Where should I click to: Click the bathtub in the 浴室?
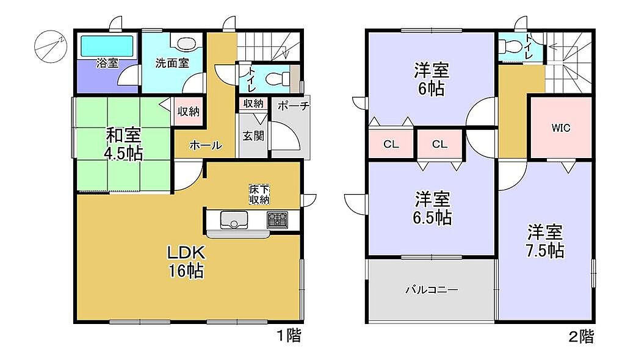[107, 46]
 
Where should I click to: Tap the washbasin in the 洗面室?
[184, 43]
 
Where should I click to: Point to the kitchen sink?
[234, 220]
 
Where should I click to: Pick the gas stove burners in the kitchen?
[278, 219]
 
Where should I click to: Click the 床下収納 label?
[259, 194]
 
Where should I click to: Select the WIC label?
[561, 128]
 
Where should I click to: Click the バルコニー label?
[432, 290]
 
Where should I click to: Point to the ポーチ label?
[294, 106]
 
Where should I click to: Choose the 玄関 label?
[253, 136]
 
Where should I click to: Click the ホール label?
[206, 145]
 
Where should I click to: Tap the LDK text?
[186, 253]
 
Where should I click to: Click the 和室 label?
[123, 135]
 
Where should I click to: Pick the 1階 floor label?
[289, 336]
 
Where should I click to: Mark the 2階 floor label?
[581, 337]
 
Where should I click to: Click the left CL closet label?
[391, 145]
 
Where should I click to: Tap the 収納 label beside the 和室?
[189, 112]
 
